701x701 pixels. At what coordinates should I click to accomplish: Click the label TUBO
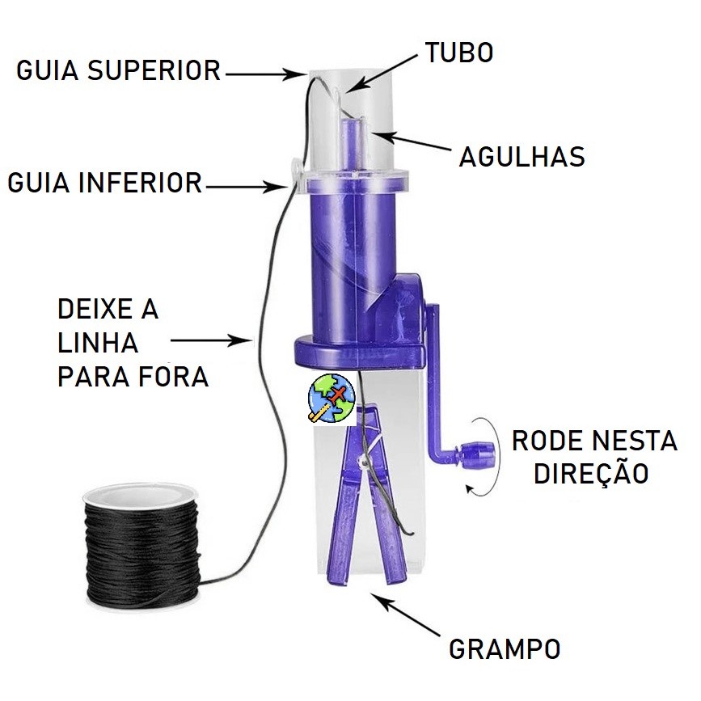coord(458,53)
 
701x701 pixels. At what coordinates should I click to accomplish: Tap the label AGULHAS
coord(522,156)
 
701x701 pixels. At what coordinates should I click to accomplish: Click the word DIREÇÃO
coord(591,473)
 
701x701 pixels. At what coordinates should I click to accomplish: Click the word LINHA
coord(98,343)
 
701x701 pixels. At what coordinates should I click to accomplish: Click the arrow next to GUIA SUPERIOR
coord(264,74)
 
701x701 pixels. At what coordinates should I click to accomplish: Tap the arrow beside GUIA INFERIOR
coord(246,187)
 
